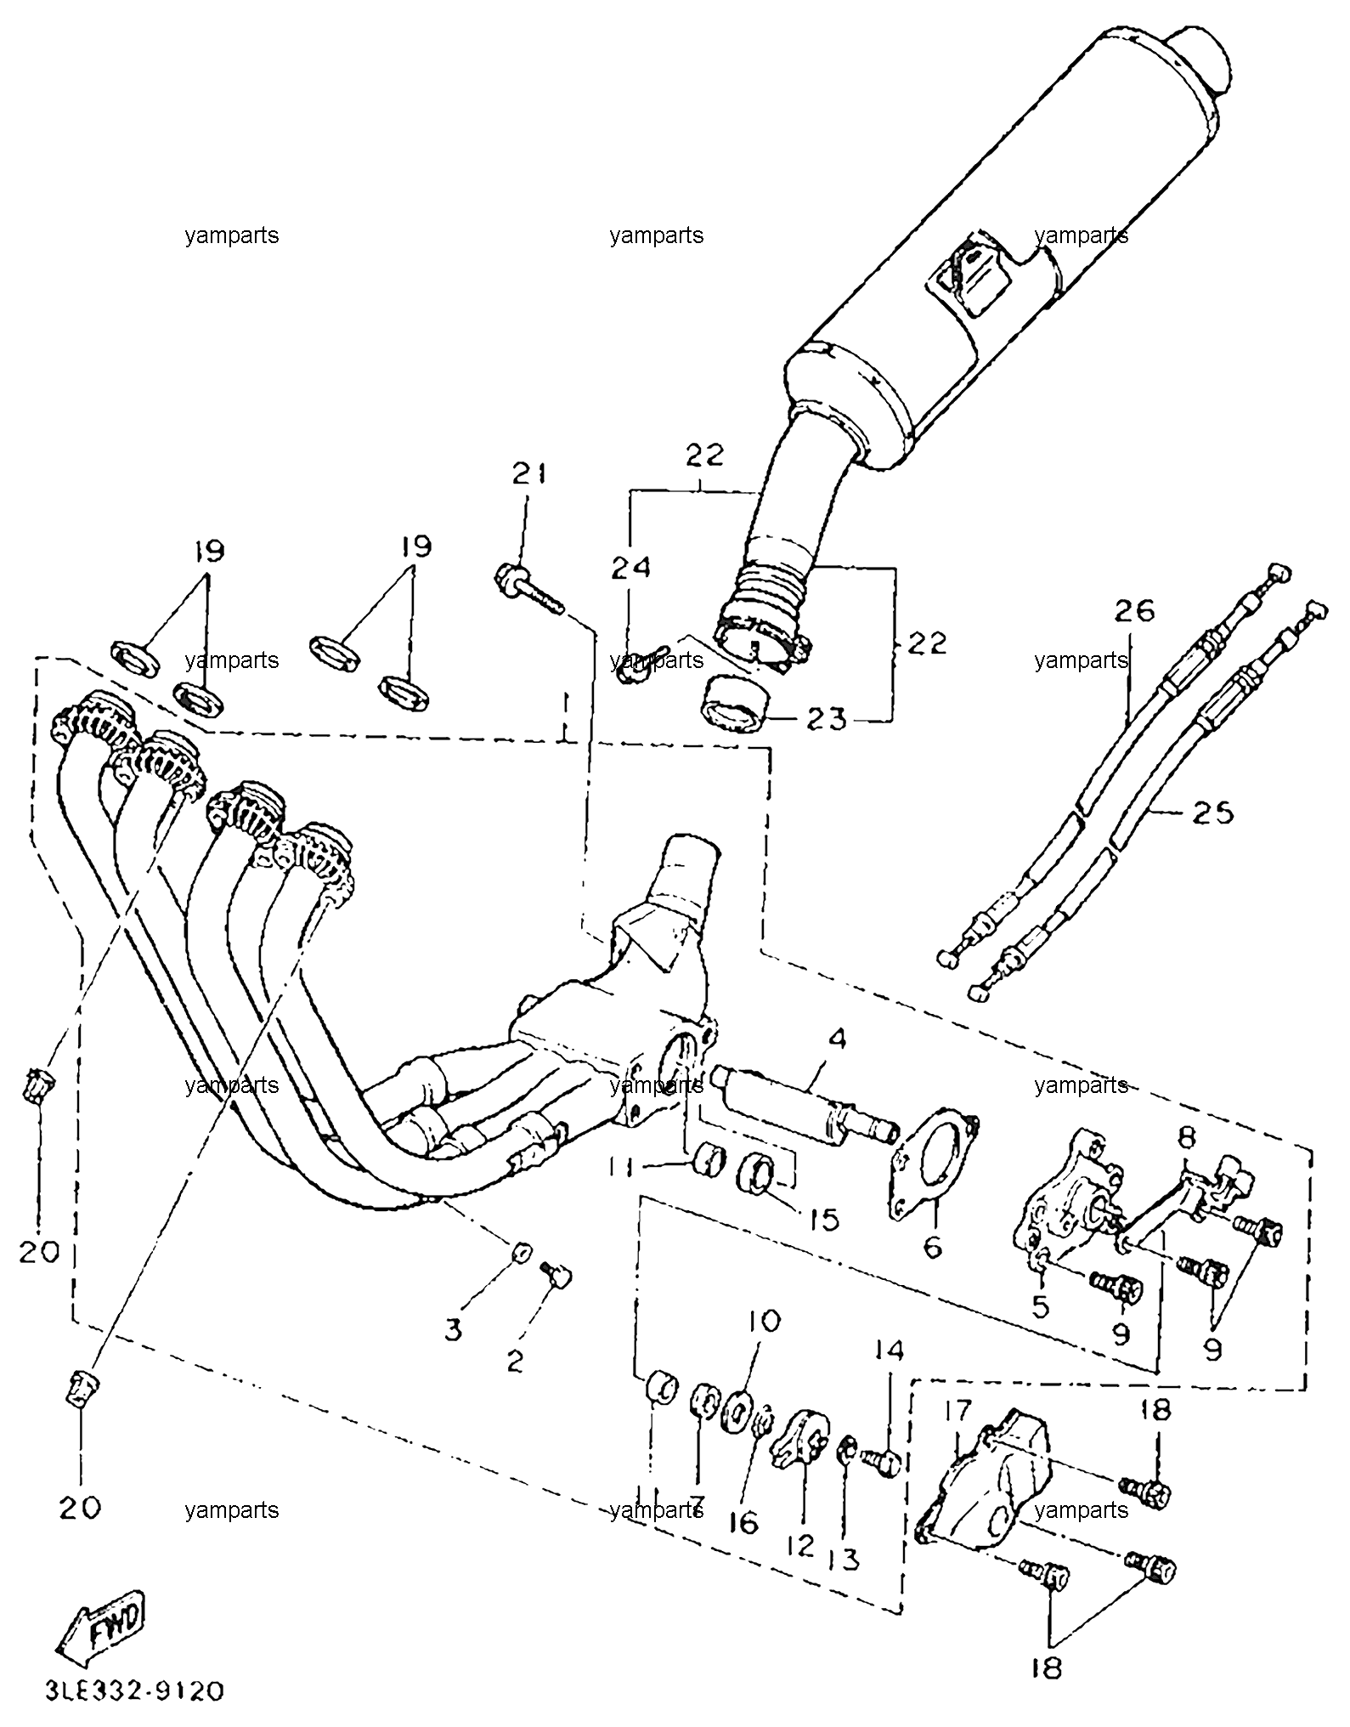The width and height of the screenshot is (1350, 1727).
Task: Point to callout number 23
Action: pos(827,720)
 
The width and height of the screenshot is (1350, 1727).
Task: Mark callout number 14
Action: pos(890,1374)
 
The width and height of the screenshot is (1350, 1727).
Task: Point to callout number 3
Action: pos(453,1329)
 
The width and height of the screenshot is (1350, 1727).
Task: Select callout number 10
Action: pos(762,1345)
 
